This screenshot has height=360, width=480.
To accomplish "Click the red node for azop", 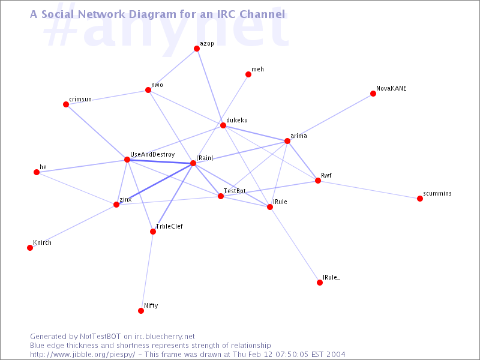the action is pos(197,49).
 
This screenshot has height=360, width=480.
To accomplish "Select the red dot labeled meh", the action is pos(248,74).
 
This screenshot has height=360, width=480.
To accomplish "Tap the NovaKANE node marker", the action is pos(373,94).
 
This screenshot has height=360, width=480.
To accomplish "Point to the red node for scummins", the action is pos(420,199).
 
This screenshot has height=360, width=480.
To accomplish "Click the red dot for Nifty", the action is pos(141,311).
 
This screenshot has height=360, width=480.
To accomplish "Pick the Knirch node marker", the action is pos(30,248).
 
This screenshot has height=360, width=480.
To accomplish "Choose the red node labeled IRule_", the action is pos(320,283).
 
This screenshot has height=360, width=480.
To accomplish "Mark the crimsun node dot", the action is pos(66,104).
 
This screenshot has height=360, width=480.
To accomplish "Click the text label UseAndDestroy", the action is pos(152,154).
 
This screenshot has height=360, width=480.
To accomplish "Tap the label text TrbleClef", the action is pos(169,226).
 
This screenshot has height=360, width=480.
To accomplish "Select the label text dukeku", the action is pos(237,120).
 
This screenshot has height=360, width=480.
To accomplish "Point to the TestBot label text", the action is pos(235,191).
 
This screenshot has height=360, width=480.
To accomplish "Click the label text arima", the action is pos(299,136).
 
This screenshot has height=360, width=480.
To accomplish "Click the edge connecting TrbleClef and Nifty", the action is pos(147,271).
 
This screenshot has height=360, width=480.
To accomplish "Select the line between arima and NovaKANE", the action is pos(330,117).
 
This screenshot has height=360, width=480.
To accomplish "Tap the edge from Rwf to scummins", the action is pos(369,190).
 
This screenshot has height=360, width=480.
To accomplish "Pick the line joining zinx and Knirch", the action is pos(73,226).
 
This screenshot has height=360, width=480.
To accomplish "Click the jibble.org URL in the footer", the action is pos(82,355).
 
